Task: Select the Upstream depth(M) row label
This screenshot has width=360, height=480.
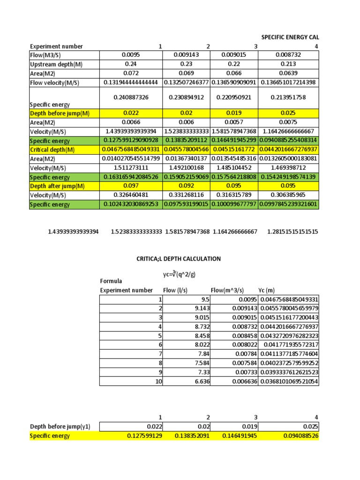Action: point(53,64)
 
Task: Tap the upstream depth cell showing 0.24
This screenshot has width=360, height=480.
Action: point(130,64)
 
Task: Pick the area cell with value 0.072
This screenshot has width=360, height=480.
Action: point(130,73)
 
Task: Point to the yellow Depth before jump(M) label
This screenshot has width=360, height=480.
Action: point(60,113)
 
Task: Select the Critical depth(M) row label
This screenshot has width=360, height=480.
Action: point(52,150)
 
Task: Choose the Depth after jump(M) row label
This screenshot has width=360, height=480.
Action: point(57,186)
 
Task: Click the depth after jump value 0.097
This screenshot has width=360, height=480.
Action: point(130,186)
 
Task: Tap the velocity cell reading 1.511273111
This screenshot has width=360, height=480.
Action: point(130,168)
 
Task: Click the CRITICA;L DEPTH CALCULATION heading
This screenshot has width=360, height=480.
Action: point(178,259)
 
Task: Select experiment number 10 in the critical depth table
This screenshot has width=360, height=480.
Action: point(158,382)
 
